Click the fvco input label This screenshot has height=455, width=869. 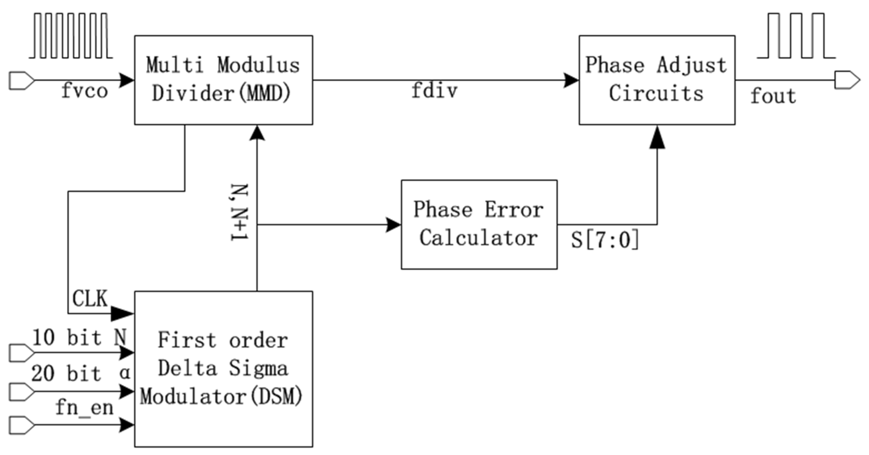(84, 91)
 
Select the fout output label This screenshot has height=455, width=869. (773, 96)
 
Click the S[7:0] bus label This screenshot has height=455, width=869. (605, 240)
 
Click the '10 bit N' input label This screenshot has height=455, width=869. (80, 338)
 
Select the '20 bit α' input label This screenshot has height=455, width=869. (81, 374)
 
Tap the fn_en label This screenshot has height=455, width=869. (84, 408)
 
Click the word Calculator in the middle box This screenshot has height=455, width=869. (478, 238)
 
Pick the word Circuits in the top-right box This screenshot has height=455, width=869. (656, 93)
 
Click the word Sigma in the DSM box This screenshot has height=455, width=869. (259, 368)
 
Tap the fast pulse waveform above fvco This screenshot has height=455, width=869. (71, 36)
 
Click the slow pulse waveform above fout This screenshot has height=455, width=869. (796, 36)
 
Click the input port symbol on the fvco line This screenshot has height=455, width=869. (21, 80)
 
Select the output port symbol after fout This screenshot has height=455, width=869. (847, 80)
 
